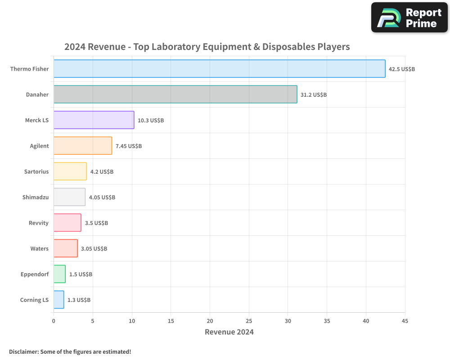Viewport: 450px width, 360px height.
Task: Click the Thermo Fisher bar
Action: tap(219, 69)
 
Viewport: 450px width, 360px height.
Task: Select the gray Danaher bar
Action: tap(175, 94)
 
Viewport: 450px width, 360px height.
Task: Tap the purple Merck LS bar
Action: tap(94, 120)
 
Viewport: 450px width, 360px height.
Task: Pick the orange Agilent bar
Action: tap(82, 146)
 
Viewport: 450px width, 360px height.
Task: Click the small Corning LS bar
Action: tap(58, 300)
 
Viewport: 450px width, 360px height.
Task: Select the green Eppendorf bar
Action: tap(59, 274)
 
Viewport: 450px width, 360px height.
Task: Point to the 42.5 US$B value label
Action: tap(402, 69)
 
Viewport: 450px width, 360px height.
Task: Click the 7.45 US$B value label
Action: tap(129, 146)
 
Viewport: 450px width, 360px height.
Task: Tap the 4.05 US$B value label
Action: tap(102, 198)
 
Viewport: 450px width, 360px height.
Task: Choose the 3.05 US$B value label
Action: tap(94, 249)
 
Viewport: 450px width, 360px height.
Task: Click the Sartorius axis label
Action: tap(36, 171)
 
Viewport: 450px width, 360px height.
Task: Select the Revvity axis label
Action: tap(38, 223)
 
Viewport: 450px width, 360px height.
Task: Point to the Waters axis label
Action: tap(40, 248)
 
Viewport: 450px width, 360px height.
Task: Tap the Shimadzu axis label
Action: tap(36, 197)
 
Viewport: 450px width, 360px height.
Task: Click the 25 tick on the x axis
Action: tap(249, 321)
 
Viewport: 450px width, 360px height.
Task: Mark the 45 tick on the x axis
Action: tap(405, 321)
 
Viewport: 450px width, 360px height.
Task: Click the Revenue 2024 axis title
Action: tap(229, 332)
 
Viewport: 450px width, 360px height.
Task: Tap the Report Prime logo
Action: tap(409, 18)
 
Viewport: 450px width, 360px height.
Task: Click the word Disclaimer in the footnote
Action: tap(23, 351)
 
